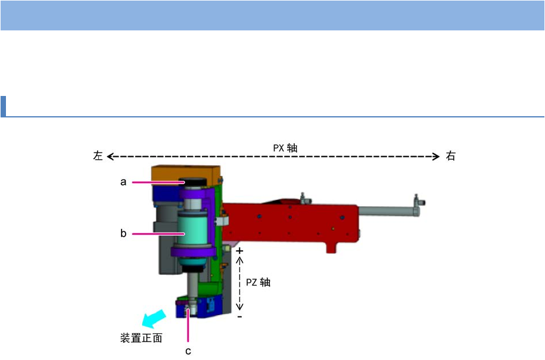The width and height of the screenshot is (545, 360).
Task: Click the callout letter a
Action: coord(123,182)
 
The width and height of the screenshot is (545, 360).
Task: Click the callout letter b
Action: coord(123,233)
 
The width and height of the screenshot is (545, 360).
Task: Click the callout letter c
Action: coord(188,351)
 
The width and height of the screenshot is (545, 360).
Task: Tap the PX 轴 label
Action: coord(285,148)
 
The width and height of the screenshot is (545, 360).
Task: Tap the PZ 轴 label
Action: coord(259,282)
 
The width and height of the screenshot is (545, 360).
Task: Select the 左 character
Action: coord(98,156)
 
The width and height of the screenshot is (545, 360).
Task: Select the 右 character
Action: coord(450,156)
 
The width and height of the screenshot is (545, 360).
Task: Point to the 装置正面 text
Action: coord(141,338)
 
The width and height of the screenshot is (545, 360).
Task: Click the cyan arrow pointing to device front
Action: coord(154,318)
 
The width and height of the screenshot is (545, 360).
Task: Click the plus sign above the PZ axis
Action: coord(239,250)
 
